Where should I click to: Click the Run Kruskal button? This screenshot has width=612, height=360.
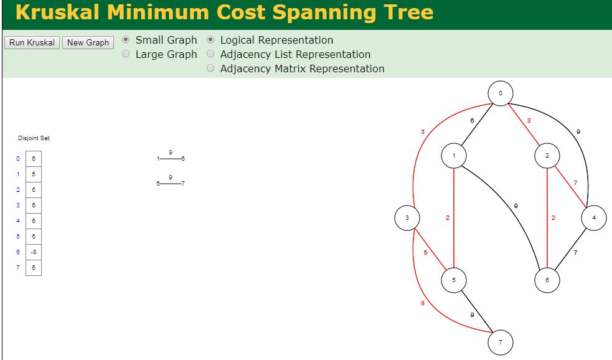(x=32, y=43)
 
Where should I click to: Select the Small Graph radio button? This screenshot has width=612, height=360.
(x=126, y=40)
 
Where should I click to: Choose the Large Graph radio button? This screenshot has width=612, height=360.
(x=126, y=54)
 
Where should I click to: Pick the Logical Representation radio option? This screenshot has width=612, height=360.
(x=210, y=40)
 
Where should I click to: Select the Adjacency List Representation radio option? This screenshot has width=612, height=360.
(x=210, y=54)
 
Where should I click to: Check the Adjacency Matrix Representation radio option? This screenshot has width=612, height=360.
(x=210, y=69)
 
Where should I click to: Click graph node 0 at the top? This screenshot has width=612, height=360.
(x=501, y=93)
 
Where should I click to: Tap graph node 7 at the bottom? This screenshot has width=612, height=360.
(x=501, y=342)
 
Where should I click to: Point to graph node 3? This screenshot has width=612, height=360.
(x=407, y=218)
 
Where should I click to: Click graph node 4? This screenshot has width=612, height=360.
(x=594, y=218)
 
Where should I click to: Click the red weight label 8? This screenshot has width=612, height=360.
(x=423, y=303)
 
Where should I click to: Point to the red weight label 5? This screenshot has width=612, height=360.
(x=426, y=253)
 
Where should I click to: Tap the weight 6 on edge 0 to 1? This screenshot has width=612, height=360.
(x=472, y=121)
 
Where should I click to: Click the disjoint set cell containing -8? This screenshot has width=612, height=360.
(x=34, y=252)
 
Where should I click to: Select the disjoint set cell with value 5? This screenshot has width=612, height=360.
(x=34, y=174)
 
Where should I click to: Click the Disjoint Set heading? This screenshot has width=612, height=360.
(x=34, y=138)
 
